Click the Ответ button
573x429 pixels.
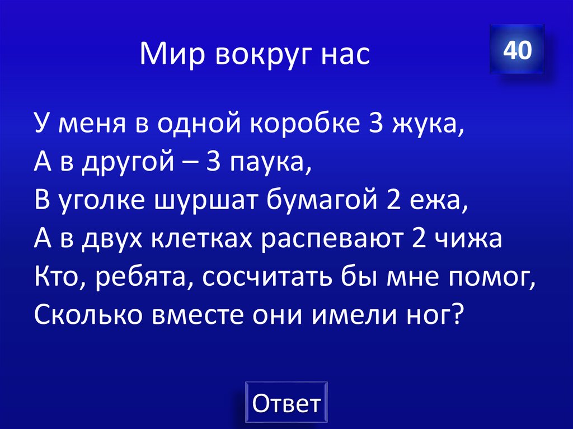286,403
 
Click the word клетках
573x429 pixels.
200,240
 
